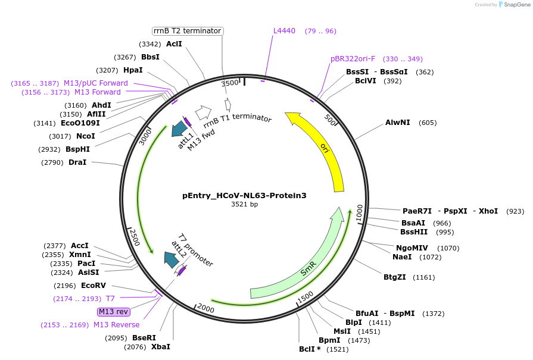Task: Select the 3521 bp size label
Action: (x=245, y=205)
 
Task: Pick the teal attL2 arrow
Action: (x=172, y=259)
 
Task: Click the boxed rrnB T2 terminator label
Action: (x=187, y=31)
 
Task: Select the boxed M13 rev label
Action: (x=114, y=312)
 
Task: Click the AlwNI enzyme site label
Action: (x=398, y=123)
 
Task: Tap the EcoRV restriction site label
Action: (x=93, y=286)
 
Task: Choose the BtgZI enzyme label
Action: (x=394, y=277)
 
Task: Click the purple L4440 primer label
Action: (x=284, y=31)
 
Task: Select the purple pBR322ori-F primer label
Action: (x=353, y=59)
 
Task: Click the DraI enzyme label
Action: (x=77, y=162)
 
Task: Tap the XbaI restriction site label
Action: (x=161, y=347)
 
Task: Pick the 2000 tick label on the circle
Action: (x=205, y=308)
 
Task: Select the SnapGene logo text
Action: (x=516, y=5)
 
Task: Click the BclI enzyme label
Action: (x=309, y=349)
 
